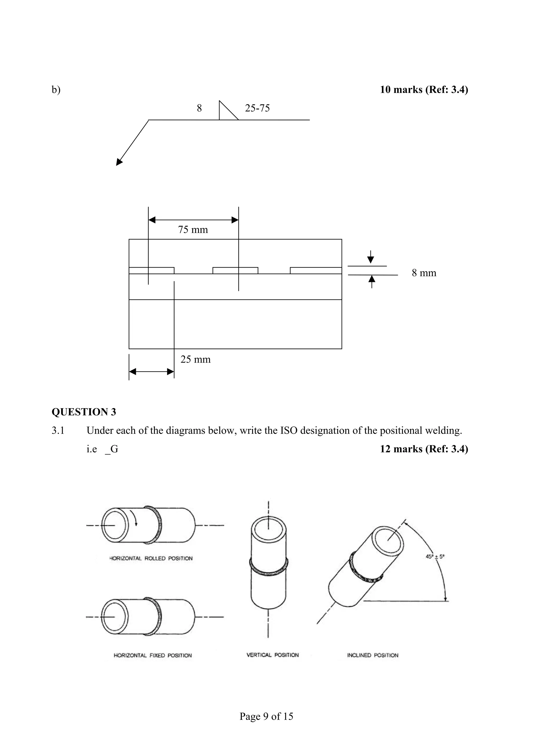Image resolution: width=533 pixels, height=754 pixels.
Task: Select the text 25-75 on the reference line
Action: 257,108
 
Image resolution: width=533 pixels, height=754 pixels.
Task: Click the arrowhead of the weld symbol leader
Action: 119,162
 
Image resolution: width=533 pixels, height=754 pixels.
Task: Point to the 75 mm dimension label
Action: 193,229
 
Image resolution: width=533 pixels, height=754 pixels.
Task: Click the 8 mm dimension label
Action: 424,273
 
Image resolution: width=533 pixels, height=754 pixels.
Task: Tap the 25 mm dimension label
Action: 195,359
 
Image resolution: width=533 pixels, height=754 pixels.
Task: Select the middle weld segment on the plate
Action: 235,271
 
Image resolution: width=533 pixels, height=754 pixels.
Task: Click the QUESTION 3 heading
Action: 84,412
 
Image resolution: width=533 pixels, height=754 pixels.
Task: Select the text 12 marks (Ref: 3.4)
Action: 424,449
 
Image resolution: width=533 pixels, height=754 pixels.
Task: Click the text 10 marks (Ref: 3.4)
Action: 424,90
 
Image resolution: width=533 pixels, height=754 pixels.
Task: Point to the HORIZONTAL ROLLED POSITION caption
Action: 151,558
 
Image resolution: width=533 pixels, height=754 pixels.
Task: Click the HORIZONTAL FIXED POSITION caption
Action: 153,655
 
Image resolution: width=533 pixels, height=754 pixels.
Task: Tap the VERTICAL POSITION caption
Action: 272,655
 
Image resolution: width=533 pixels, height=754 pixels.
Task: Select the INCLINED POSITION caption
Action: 372,655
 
